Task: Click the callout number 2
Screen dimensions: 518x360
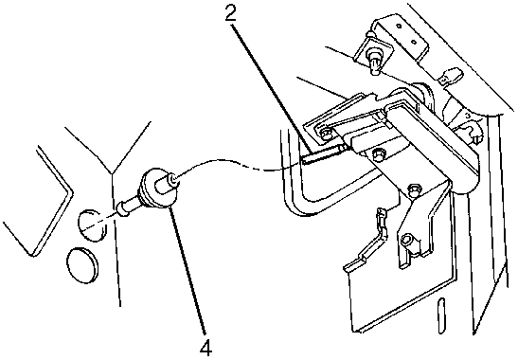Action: (x=231, y=13)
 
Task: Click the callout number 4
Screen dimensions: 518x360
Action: (x=205, y=347)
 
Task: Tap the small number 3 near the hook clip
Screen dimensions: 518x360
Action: (x=468, y=116)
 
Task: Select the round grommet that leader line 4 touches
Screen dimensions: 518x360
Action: (x=158, y=189)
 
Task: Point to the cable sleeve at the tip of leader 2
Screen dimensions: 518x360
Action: (x=324, y=153)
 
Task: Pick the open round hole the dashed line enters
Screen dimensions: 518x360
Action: (x=92, y=225)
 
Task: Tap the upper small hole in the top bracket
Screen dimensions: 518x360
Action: (x=399, y=27)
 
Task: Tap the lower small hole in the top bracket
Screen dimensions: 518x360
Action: (x=413, y=42)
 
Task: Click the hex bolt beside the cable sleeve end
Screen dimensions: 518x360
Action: (x=377, y=154)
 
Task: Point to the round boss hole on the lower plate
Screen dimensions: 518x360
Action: (x=407, y=240)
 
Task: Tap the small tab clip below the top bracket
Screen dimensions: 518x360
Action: (x=450, y=77)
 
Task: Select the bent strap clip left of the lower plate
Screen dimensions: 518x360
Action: (x=366, y=241)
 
